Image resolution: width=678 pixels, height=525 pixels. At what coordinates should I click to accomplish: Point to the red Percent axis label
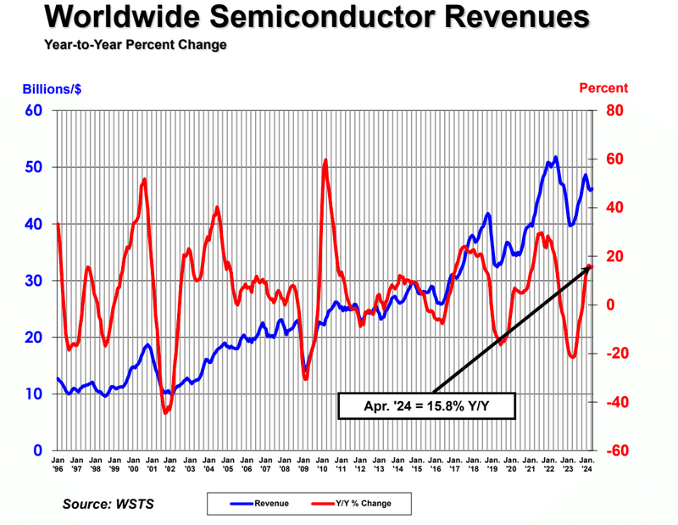603,87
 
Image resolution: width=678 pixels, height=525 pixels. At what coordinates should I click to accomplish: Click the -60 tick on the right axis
617,450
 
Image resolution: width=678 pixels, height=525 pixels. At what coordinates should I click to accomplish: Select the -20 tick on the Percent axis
617,354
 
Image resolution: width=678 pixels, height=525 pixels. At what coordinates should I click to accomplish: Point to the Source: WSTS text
108,505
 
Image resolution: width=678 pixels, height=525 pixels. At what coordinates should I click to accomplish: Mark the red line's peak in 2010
325,159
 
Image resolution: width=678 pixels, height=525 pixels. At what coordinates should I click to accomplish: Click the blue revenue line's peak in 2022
555,157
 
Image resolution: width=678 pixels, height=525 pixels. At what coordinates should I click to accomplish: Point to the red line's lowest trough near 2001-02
165,412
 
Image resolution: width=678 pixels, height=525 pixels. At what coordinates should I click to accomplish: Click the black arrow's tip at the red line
591,265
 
